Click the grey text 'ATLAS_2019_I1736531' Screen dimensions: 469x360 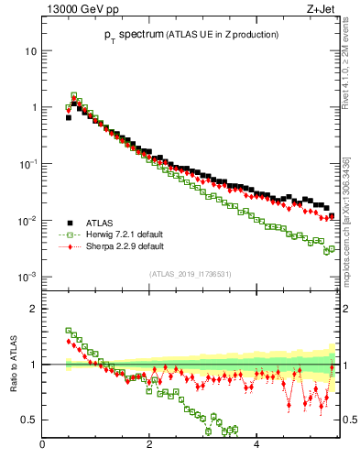[x=191, y=274]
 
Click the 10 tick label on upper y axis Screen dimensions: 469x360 [x=30, y=50]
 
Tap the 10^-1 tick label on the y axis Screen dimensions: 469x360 [x=27, y=163]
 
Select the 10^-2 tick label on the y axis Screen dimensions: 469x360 [x=27, y=220]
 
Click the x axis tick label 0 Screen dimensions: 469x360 [x=42, y=446]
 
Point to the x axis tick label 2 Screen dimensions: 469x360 [x=148, y=446]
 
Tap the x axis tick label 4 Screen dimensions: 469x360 [x=256, y=446]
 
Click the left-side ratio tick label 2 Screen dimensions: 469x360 [x=33, y=309]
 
